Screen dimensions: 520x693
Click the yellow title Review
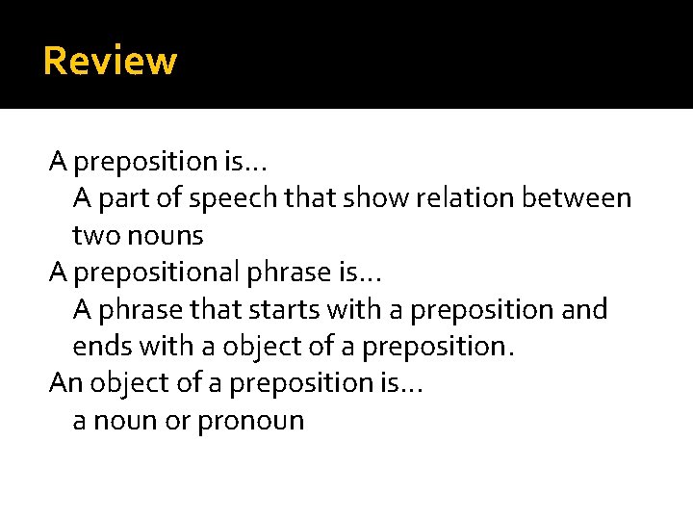click(x=110, y=61)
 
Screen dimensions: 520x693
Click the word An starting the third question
click(x=65, y=383)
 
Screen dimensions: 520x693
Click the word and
click(x=585, y=310)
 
